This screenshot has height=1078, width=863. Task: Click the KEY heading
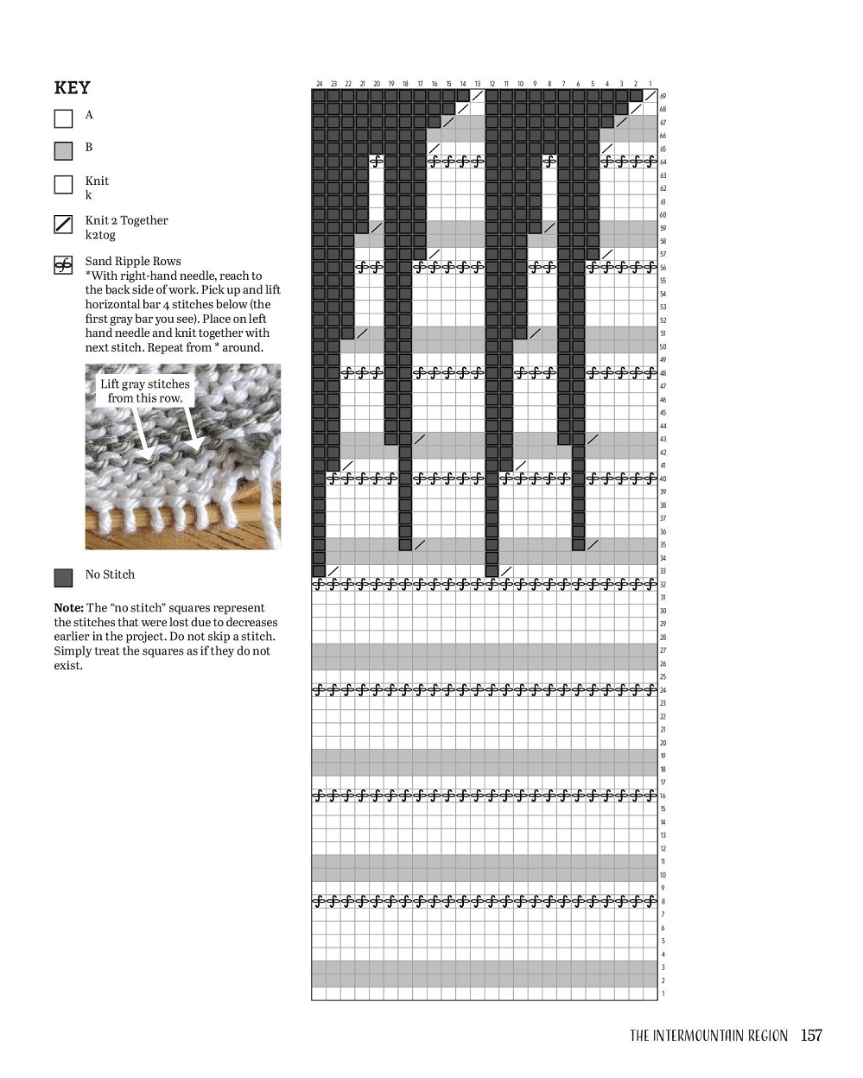tap(72, 87)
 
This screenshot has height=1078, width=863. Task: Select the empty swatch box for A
tap(63, 118)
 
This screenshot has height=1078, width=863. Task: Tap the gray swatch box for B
tap(63, 151)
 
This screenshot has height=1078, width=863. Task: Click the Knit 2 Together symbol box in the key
tap(63, 225)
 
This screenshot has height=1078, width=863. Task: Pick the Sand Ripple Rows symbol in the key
tap(63, 265)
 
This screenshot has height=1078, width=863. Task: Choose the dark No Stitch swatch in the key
tap(63, 577)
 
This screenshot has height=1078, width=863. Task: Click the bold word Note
tap(68, 608)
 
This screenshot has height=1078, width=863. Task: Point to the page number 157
tap(811, 1035)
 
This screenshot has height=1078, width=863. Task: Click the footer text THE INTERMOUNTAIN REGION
tap(708, 1036)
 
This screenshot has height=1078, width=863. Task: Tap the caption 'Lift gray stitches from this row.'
tap(144, 390)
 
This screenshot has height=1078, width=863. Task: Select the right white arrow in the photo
tap(193, 429)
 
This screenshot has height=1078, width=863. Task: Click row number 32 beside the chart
tap(663, 585)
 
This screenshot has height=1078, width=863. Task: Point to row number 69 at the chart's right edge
tap(663, 97)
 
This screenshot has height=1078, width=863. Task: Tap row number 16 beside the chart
tap(663, 796)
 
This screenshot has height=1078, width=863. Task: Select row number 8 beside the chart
tap(663, 902)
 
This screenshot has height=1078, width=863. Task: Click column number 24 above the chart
tap(320, 84)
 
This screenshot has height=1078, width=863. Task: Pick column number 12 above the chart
tap(492, 84)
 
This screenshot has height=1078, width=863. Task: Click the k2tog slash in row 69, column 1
tap(650, 96)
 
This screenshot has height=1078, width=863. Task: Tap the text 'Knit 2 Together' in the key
tap(126, 220)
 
